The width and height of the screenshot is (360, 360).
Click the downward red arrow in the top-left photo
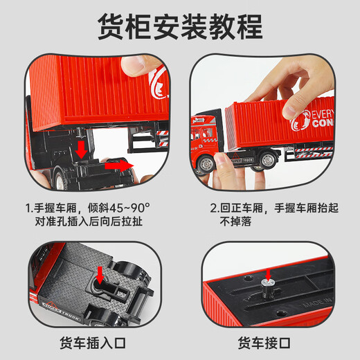click(x=81, y=149)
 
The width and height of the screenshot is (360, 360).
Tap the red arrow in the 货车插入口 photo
click(x=100, y=273)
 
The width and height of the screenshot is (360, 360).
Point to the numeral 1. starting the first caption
click(x=29, y=206)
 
